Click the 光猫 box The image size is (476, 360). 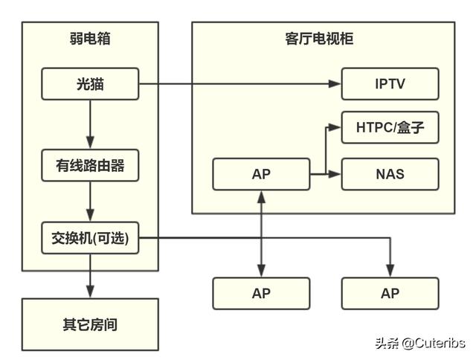90,84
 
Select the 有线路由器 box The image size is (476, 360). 90,166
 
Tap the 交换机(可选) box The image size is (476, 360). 90,239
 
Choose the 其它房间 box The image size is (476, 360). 90,324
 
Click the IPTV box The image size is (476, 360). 390,83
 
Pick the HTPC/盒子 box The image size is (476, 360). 390,128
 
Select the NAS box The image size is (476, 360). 390,174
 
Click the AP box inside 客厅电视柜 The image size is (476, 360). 260,174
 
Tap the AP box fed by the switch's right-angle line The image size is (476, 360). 390,293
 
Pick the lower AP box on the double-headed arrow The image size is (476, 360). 260,293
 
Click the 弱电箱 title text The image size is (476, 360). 90,39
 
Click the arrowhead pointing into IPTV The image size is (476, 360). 335,84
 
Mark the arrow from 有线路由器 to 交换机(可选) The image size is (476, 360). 90,202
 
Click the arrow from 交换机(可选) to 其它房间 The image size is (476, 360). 90,275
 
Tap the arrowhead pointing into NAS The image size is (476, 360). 335,174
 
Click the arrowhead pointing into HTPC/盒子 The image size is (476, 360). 335,128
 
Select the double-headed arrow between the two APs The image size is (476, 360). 260,234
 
